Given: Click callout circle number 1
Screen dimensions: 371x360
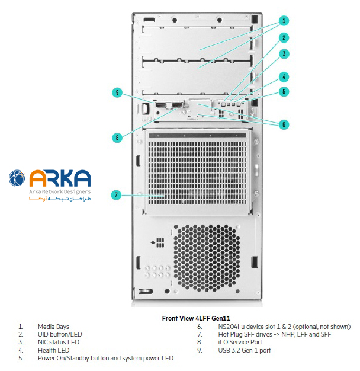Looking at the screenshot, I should coord(284,21).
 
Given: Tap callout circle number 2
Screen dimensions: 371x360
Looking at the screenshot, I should coord(284,38).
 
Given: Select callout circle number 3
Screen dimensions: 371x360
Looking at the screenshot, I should coord(284,54).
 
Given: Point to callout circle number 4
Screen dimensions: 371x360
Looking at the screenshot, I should coord(284,76).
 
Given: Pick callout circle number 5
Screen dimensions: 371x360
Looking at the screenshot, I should coord(284,91).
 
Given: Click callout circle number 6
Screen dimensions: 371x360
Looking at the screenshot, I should coord(284,124).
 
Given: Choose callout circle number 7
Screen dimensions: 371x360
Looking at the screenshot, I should coord(117,194).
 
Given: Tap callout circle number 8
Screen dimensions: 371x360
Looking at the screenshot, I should coord(117,137).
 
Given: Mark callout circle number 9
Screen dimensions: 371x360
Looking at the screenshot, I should coord(117,92).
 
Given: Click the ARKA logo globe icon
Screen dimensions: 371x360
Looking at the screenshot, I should coord(17,178).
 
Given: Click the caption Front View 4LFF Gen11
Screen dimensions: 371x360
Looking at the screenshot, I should coord(196,318).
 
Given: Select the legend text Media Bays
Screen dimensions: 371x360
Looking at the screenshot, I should coord(53,327).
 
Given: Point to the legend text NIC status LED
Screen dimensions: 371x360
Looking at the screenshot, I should coord(58,342).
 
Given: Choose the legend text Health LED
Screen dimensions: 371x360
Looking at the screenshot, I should coord(53,350).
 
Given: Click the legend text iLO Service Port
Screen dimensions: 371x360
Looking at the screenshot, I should coord(240,342).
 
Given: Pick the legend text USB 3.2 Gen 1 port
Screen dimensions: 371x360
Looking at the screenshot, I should coord(243,350).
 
